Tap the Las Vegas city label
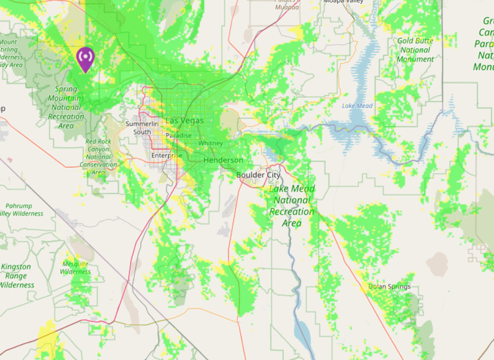184,121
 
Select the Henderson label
223,160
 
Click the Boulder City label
258,175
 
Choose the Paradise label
179,136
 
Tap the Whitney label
210,143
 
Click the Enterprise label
166,155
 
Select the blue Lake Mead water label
357,106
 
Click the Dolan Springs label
390,286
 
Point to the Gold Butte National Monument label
415,50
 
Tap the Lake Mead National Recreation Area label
292,206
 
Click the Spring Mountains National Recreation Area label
66,107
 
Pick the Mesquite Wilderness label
75,268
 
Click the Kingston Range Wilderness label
16,276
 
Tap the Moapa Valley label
343,2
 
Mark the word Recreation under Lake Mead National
292,211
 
